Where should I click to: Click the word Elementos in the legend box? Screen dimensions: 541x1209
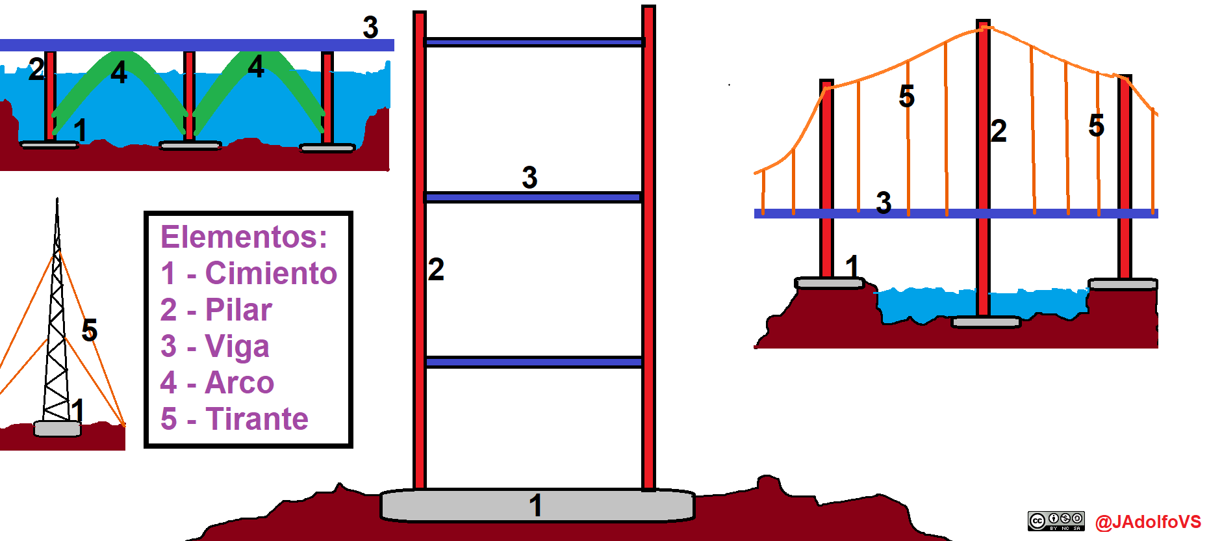click(x=244, y=237)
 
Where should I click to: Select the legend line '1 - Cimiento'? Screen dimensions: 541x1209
click(x=249, y=273)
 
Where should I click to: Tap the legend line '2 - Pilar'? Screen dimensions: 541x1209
click(x=216, y=310)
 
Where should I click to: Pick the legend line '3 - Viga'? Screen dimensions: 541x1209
click(x=215, y=346)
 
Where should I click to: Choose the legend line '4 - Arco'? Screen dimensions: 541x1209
click(x=218, y=382)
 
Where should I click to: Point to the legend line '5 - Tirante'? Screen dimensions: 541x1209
click(x=235, y=419)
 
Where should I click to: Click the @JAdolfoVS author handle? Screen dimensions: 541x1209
click(x=1148, y=522)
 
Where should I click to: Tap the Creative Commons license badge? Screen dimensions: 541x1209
click(x=1056, y=521)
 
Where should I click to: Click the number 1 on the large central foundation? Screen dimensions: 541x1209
click(x=535, y=505)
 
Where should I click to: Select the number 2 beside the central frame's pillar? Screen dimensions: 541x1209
click(x=436, y=269)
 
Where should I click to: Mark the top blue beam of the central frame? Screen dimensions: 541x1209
click(x=534, y=42)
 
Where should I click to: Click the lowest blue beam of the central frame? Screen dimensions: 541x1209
click(x=534, y=362)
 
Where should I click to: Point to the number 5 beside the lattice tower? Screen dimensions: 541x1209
click(x=90, y=330)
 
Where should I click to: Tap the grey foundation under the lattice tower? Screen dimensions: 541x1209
click(x=57, y=429)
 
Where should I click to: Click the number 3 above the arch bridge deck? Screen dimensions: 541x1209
click(x=370, y=27)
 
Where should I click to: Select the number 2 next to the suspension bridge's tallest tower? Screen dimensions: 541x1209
click(x=999, y=131)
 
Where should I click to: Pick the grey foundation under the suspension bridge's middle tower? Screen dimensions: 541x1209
click(x=986, y=322)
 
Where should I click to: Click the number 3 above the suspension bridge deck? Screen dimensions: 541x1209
click(x=884, y=202)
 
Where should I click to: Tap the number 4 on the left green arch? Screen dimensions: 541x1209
click(x=119, y=72)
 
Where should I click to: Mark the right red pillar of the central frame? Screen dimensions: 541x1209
click(x=648, y=247)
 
